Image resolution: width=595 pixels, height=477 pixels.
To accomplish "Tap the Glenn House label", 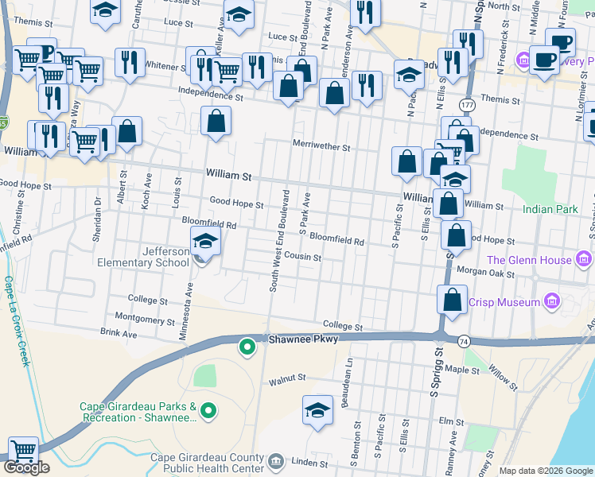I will [529, 260].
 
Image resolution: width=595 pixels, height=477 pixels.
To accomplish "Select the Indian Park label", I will [550, 210].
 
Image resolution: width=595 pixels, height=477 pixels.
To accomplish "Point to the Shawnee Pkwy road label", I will [303, 339].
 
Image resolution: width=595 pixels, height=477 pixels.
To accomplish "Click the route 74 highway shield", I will [462, 340].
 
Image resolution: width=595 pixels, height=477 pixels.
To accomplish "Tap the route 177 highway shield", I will [466, 105].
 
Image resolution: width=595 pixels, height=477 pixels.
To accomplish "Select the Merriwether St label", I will [321, 147].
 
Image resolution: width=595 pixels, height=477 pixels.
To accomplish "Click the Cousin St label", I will [303, 258].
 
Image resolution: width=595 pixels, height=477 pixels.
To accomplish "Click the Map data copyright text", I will [545, 471].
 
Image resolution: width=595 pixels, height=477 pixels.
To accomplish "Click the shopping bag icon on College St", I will [452, 301].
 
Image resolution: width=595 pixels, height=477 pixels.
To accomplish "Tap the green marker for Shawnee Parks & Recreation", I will [208, 410].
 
